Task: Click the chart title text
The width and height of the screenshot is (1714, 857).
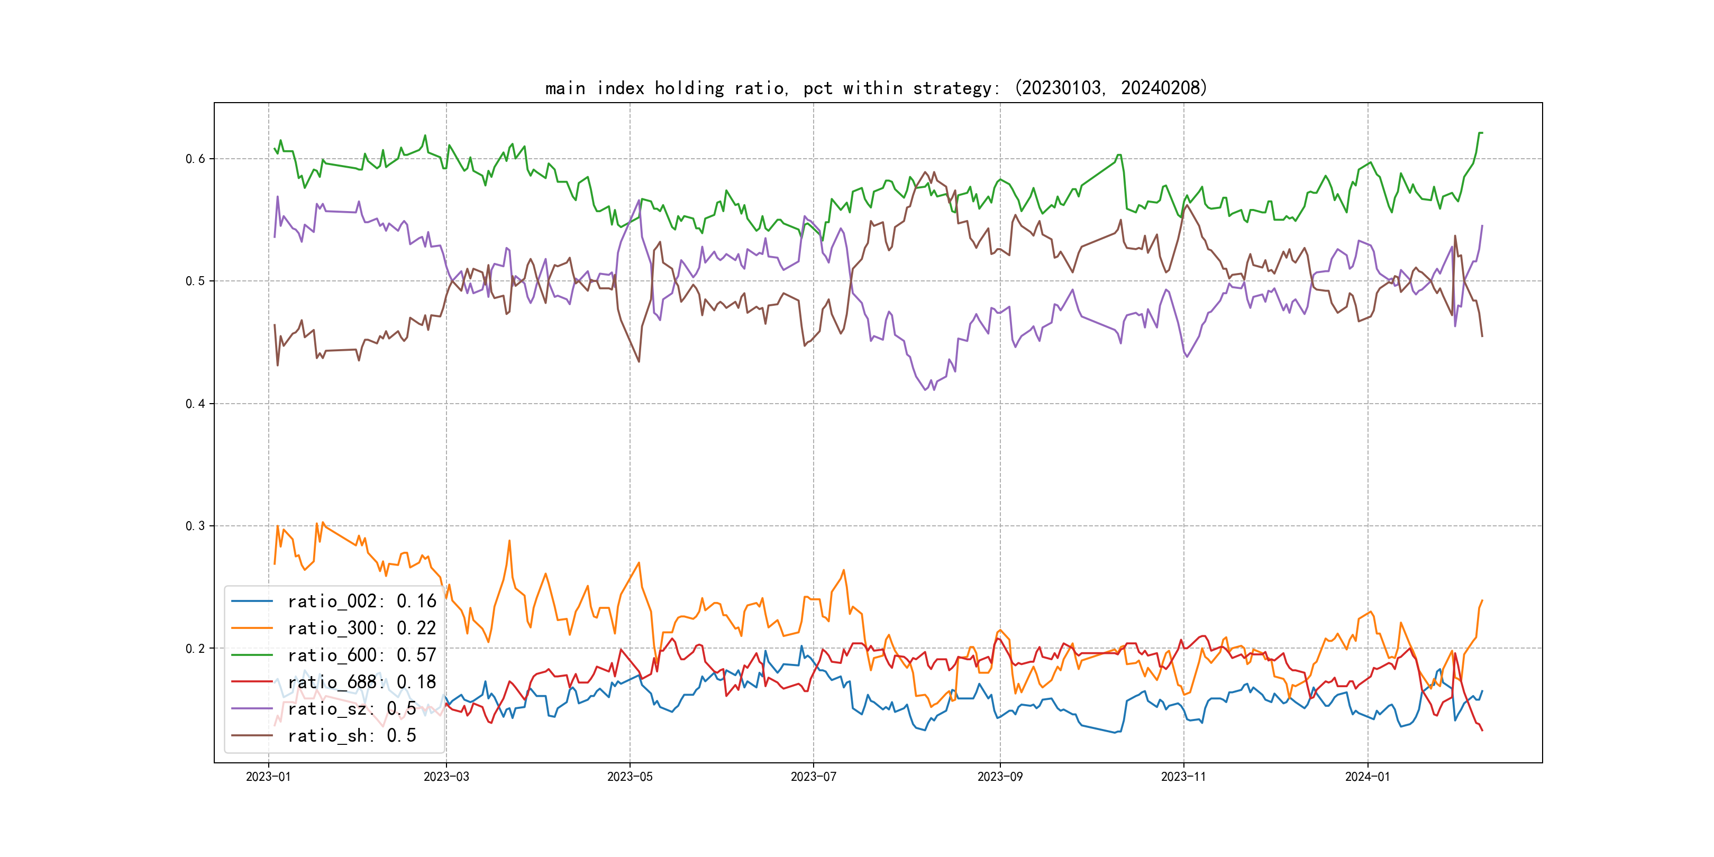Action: pos(876,88)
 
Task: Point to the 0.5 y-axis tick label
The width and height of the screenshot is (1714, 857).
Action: pos(195,281)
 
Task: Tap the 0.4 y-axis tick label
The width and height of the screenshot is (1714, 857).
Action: pos(195,403)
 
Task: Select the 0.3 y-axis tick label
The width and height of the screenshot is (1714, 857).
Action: pos(195,526)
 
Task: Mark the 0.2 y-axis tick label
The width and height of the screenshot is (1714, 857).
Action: pos(195,648)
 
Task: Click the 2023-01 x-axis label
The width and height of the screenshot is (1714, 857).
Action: pos(268,777)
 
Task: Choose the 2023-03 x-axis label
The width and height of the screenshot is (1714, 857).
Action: pos(446,777)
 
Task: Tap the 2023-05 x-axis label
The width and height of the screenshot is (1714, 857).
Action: pos(630,777)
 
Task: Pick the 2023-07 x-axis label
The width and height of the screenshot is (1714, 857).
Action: pos(813,777)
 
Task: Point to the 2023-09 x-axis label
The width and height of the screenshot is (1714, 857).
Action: pos(999,777)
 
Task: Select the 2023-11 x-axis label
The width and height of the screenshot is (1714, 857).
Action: pos(1183,777)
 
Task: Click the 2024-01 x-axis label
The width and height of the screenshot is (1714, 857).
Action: pos(1367,777)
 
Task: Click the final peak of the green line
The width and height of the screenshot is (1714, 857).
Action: pos(1479,133)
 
